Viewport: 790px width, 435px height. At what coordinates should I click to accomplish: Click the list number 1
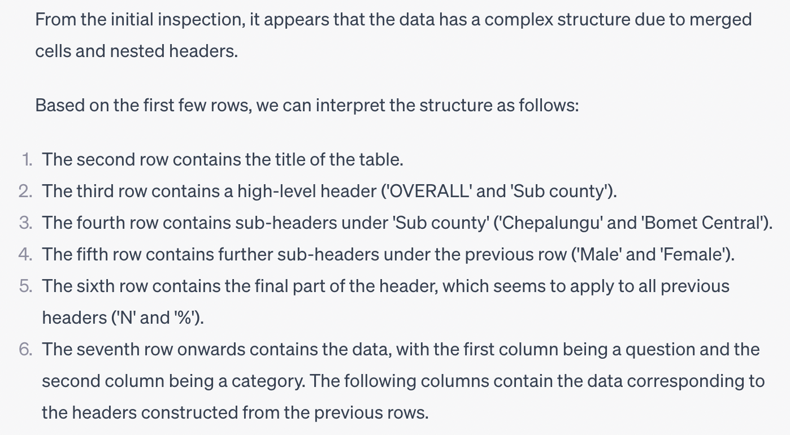coord(27,159)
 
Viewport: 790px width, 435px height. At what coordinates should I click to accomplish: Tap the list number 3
coord(25,223)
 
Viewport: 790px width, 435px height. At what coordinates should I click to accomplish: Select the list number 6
coord(25,349)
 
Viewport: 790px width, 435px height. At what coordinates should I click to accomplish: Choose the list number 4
coord(25,254)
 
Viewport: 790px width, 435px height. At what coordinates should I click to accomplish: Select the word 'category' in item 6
coord(261,381)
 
